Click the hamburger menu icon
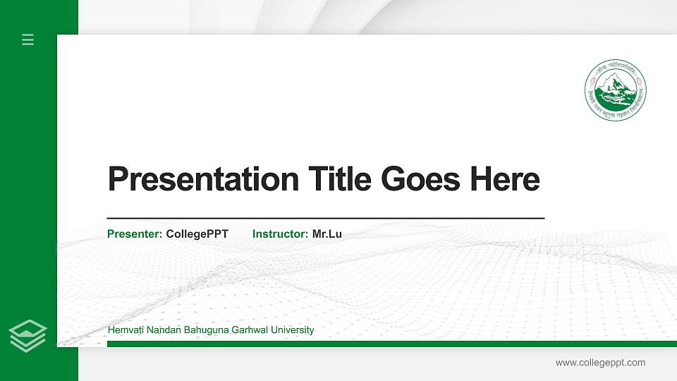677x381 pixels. click(28, 40)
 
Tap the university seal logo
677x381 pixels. click(615, 90)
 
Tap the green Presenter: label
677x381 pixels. click(135, 234)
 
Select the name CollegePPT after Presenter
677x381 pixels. click(197, 234)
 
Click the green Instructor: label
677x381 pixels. click(280, 234)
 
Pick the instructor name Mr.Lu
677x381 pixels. click(327, 234)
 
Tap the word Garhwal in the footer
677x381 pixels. click(248, 329)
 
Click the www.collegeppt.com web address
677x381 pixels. click(600, 363)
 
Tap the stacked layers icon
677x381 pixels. click(28, 335)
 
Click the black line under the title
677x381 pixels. click(325, 219)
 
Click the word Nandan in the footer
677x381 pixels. click(160, 329)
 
